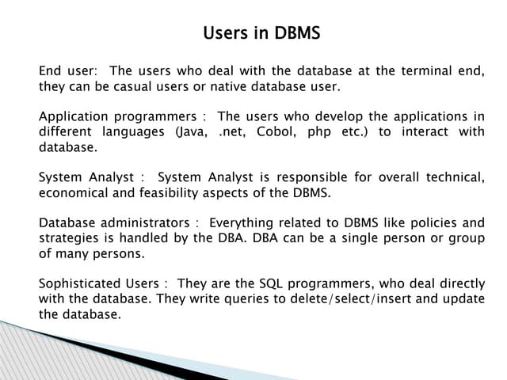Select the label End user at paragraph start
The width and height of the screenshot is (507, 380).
[x=64, y=71]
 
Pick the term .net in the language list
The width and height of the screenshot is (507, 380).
[x=231, y=131]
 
